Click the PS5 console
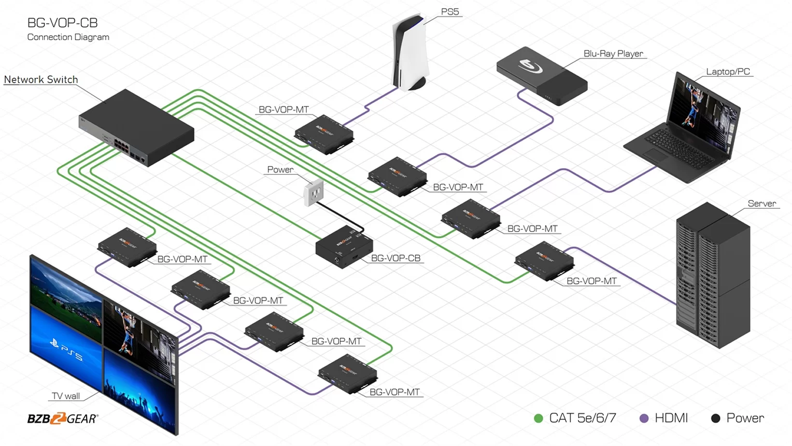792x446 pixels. pos(410,53)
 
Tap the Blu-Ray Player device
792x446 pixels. pos(542,75)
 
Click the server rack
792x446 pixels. pos(713,275)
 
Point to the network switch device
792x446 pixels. pos(136,128)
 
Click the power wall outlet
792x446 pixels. pos(313,192)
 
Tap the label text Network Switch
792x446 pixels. pos(41,80)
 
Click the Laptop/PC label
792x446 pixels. pos(728,72)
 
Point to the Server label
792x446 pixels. pos(762,203)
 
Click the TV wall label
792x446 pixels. pos(66,396)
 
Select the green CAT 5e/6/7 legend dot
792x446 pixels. pos(538,418)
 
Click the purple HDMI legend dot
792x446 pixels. pos(644,418)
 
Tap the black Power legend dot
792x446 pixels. pos(715,418)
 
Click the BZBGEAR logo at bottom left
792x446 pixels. pos(63,418)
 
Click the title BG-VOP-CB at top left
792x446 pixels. pos(62,23)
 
